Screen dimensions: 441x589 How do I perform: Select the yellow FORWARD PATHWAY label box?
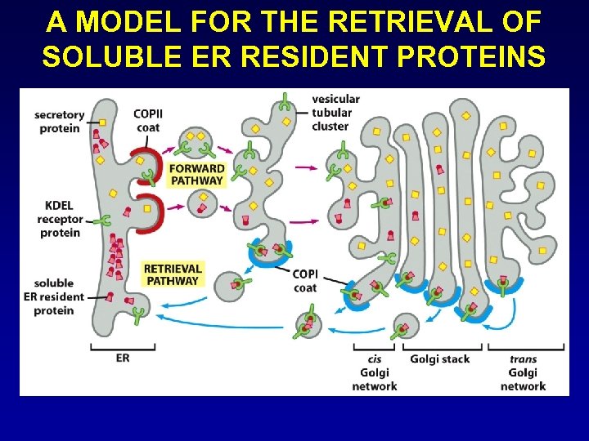196,174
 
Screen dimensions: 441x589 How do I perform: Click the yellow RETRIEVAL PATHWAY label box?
172,274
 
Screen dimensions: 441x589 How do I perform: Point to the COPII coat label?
147,119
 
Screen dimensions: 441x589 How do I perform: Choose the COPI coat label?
305,280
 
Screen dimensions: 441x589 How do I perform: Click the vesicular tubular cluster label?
335,113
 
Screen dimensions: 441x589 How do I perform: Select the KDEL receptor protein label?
59,219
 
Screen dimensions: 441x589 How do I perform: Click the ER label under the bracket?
123,357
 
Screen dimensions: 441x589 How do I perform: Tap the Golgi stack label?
440,359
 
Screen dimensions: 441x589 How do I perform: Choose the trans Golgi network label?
523,372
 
